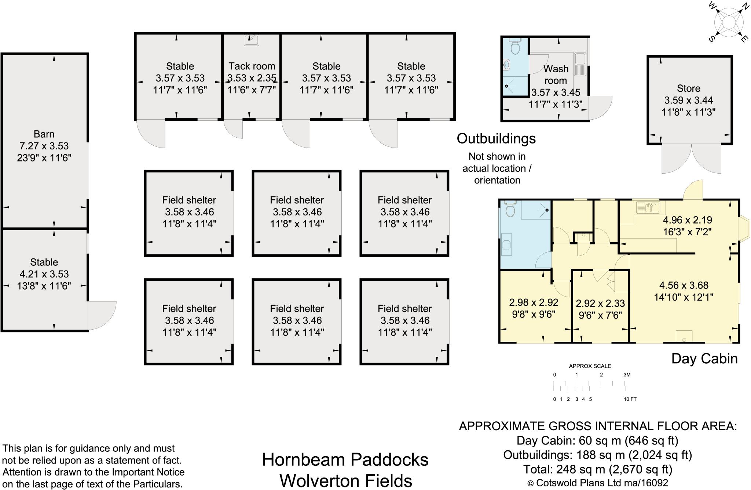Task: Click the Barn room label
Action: tap(44, 134)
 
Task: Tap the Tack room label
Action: tap(252, 66)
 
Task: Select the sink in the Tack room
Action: tap(252, 40)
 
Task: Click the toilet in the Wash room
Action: tap(515, 47)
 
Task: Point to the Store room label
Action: tap(688, 88)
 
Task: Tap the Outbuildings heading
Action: tap(496, 139)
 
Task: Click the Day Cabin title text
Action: tap(704, 359)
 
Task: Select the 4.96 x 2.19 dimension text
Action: tap(687, 220)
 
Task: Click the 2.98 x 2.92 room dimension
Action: tap(534, 302)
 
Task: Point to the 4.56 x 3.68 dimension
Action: tap(684, 285)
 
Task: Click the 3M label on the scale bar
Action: tap(627, 375)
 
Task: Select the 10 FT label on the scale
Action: tap(630, 399)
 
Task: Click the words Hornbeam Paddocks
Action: tap(345, 460)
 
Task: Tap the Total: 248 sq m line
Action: tap(597, 469)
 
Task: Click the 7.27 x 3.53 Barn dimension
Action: tap(44, 146)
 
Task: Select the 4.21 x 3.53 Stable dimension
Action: tap(44, 274)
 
